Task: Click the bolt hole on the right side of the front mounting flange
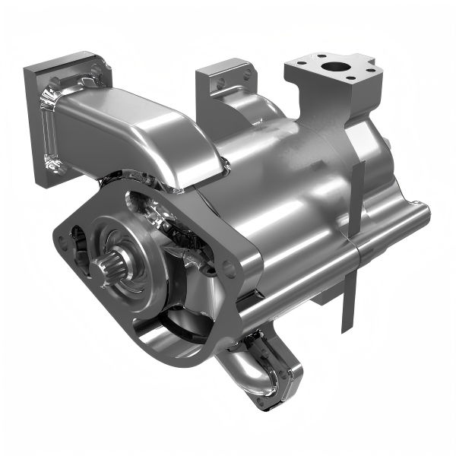point(228,265)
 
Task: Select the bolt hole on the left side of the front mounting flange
point(62,243)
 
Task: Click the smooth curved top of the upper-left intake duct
point(144,122)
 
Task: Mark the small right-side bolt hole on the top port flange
point(370,69)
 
